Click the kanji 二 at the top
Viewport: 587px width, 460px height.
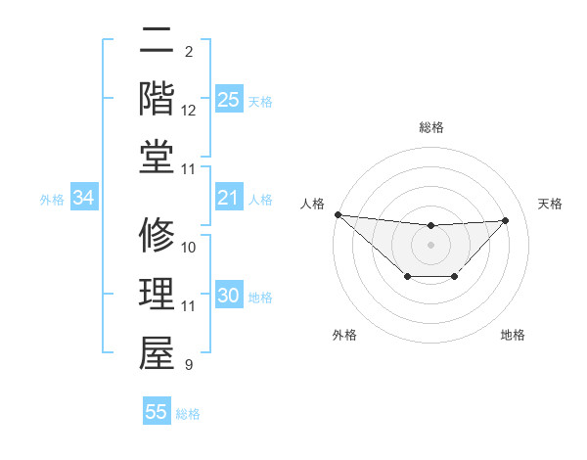point(157,41)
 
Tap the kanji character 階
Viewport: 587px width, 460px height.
point(157,99)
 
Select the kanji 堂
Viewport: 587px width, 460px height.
point(157,157)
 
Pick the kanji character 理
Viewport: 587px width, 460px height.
point(157,295)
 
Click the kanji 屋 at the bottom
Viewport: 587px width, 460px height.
point(157,353)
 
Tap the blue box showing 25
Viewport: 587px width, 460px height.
point(228,100)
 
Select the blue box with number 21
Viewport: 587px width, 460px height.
point(228,199)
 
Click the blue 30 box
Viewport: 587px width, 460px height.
point(228,297)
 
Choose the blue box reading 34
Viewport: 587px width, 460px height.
point(84,199)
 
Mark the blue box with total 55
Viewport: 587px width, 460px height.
point(157,412)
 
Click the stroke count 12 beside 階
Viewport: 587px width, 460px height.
point(189,111)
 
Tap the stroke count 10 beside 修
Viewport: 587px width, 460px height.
point(189,248)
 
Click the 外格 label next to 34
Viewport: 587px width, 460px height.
point(52,200)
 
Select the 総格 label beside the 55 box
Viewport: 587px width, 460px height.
point(188,414)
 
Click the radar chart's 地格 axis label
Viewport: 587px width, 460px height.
point(513,336)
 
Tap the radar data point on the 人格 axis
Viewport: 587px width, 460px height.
point(338,214)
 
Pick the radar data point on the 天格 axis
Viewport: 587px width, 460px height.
point(505,220)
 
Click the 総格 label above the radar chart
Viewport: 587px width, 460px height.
point(430,127)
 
